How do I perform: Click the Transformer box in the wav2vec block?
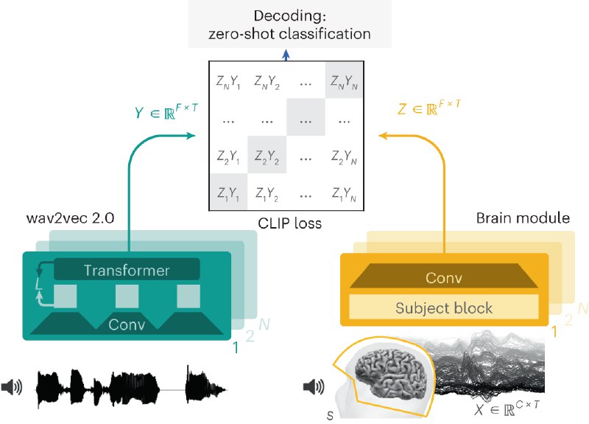coord(127,270)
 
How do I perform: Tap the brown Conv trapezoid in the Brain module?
coord(444,278)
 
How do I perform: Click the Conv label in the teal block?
coord(127,323)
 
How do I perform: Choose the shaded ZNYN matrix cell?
coord(345,80)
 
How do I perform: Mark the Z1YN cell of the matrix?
coord(345,194)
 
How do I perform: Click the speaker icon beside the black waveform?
coord(12,386)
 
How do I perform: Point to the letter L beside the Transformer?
coord(40,284)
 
